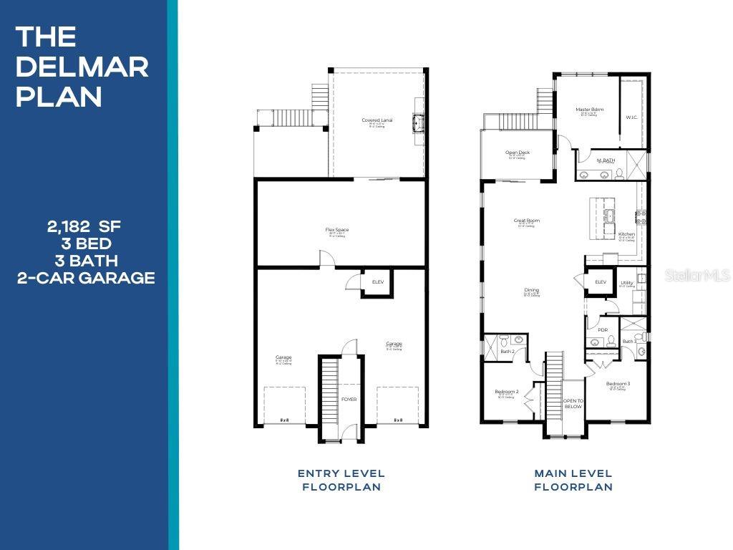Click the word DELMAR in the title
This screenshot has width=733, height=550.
(82, 67)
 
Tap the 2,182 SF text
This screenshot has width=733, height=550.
(84, 227)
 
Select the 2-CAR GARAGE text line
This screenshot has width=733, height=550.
(85, 278)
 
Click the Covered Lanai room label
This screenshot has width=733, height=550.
(377, 120)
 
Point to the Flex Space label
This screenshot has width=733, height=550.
(336, 230)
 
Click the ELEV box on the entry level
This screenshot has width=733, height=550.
(377, 282)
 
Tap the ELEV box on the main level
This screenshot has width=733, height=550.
(601, 282)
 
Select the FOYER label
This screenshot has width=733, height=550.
(349, 400)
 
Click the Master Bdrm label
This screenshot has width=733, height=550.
(589, 110)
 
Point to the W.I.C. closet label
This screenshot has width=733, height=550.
(631, 117)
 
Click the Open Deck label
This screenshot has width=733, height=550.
(517, 153)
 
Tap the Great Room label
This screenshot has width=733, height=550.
(526, 221)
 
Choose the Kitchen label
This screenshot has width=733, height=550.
(626, 234)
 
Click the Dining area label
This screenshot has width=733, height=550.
(531, 290)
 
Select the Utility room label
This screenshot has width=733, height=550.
(627, 283)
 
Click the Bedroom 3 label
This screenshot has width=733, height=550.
(618, 384)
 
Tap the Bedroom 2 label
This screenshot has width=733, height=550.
(506, 392)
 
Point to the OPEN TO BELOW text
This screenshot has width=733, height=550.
(573, 404)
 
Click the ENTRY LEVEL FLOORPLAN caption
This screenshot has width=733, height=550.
(341, 480)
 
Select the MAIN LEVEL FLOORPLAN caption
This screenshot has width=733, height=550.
(573, 480)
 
